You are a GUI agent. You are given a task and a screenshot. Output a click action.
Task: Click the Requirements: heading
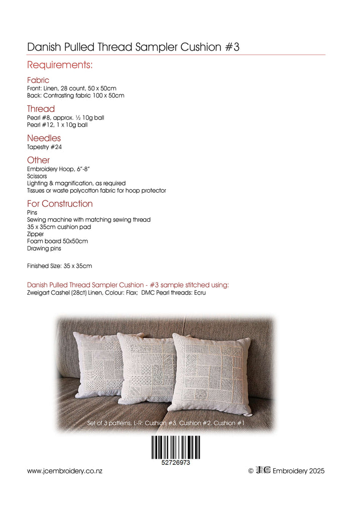[x=59, y=65]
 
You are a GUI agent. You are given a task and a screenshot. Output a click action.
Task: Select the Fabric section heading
[x=38, y=80]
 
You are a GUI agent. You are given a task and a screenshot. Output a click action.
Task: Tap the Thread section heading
[x=41, y=109]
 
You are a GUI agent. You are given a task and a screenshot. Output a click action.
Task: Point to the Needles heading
[x=44, y=138]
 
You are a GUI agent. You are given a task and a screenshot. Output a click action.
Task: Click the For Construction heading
[x=60, y=204]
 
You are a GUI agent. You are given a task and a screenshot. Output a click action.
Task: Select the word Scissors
[x=37, y=177]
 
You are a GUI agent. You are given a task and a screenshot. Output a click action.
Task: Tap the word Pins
[x=32, y=213]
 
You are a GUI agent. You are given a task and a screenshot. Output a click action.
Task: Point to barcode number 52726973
[x=175, y=463]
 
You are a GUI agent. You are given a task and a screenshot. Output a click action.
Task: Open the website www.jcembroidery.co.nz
[x=65, y=471]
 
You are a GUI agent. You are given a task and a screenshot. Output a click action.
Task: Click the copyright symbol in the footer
[x=251, y=471]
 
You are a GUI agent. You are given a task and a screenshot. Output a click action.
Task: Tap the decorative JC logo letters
[x=263, y=470]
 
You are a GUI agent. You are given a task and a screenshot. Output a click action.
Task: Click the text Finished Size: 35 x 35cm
[x=59, y=266]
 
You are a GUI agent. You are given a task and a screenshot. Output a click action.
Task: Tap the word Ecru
[x=198, y=293]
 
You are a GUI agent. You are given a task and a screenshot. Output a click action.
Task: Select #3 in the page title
[x=230, y=47]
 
